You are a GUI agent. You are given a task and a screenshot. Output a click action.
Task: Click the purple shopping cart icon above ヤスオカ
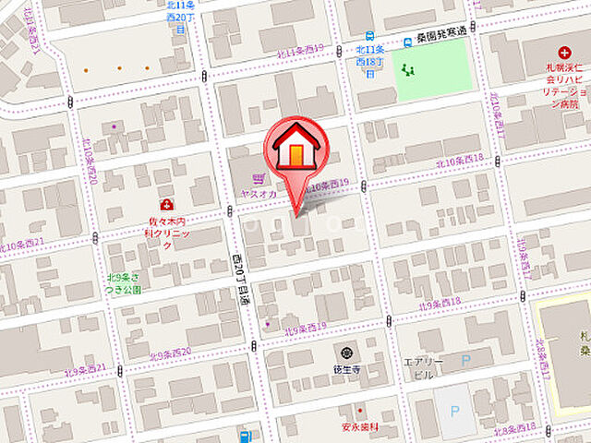click(x=259, y=178)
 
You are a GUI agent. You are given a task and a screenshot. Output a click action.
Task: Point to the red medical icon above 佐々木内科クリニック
click(x=166, y=205)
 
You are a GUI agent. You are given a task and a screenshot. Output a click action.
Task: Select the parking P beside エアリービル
click(x=465, y=361)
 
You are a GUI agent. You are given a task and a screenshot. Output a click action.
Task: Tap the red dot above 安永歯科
click(x=360, y=411)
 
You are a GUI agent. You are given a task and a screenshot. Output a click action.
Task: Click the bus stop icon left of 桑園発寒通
click(x=405, y=42)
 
